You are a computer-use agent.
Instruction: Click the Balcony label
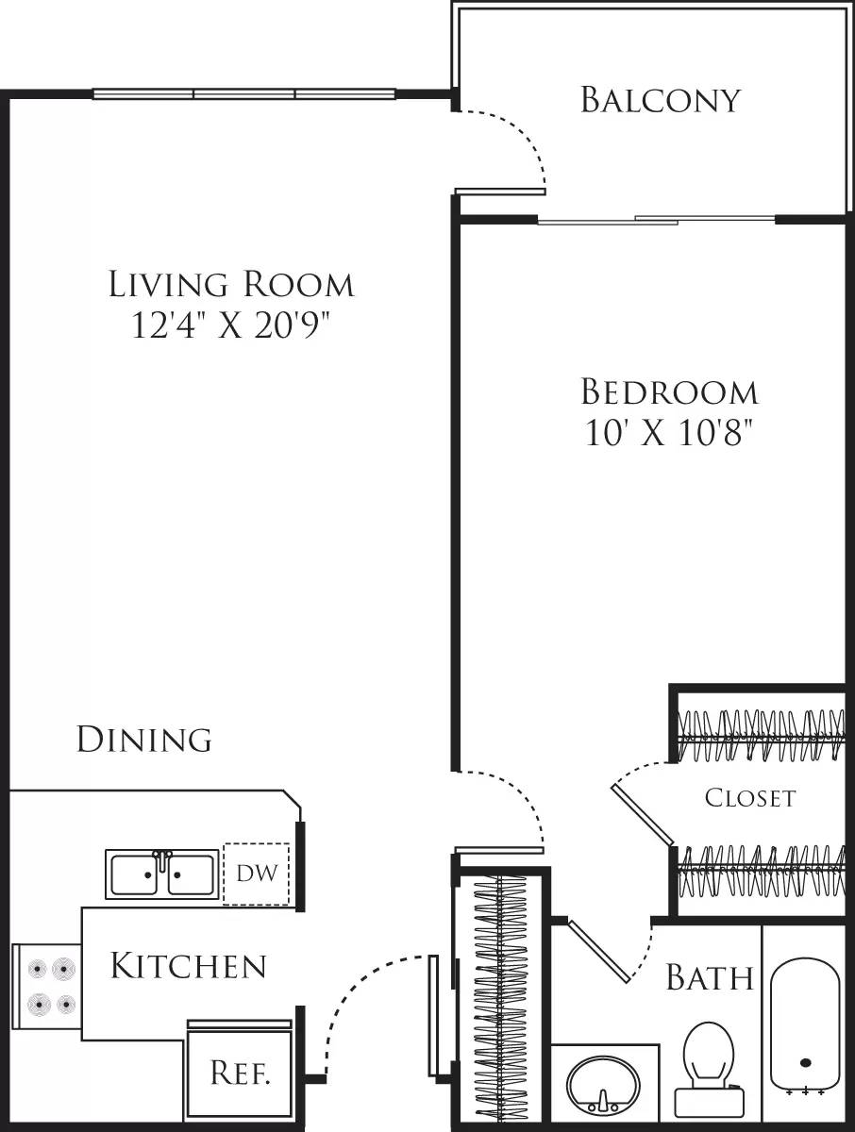click(660, 99)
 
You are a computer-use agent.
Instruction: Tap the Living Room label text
click(231, 283)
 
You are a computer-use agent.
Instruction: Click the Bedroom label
click(669, 391)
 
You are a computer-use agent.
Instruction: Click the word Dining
click(143, 739)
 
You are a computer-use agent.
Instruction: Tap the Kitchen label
click(188, 966)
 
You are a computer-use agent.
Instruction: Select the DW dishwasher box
click(257, 874)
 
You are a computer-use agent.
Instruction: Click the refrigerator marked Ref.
click(241, 1073)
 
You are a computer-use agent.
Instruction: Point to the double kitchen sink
click(161, 874)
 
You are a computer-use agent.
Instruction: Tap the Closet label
click(750, 798)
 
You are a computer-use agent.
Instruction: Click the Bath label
click(710, 977)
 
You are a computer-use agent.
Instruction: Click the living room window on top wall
click(243, 94)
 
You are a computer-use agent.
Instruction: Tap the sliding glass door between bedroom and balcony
click(657, 221)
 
